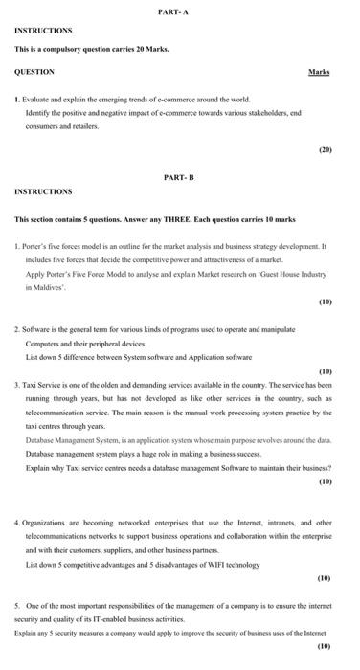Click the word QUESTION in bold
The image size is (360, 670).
tap(34, 72)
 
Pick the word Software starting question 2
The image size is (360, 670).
tap(37, 328)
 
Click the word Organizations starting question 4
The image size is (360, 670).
tap(47, 523)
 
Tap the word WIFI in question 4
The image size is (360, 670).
tap(202, 565)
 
